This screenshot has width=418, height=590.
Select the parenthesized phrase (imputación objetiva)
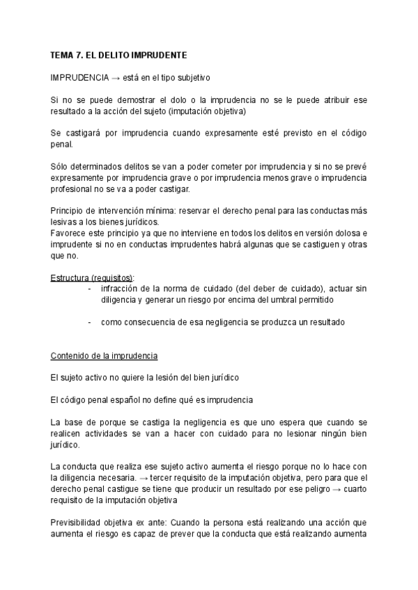click(x=208, y=111)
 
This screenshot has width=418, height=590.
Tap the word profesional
click(x=72, y=189)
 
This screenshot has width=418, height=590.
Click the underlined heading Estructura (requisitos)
click(x=93, y=278)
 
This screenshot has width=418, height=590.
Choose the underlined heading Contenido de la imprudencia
click(x=104, y=356)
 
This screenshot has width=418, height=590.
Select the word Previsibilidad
click(x=79, y=523)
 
